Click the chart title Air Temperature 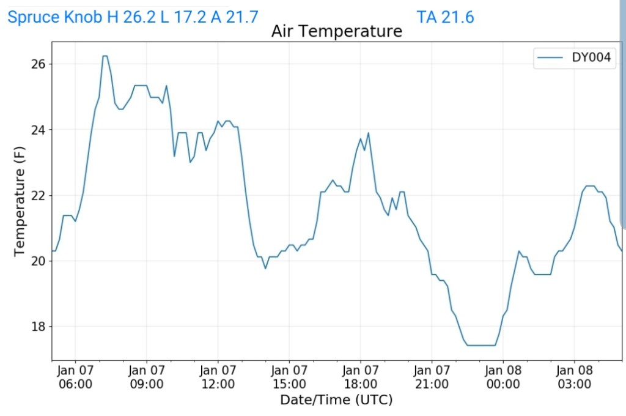[x=336, y=31]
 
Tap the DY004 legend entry [x=576, y=58]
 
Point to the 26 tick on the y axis [x=40, y=64]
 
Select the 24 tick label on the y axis [x=40, y=130]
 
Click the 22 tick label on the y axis [x=40, y=195]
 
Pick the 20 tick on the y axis [x=40, y=261]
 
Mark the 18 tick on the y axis [x=40, y=326]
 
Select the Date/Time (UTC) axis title [x=336, y=400]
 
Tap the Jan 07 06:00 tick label [x=75, y=377]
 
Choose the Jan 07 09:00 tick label [x=147, y=377]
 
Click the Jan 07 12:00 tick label [x=218, y=377]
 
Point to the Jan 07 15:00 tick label [x=289, y=377]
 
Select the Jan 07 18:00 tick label [x=361, y=377]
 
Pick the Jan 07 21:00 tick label [x=432, y=377]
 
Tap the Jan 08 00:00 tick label [x=503, y=377]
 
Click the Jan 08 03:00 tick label [x=574, y=377]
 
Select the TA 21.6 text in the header [x=445, y=17]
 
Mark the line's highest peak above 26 [x=105, y=56]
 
